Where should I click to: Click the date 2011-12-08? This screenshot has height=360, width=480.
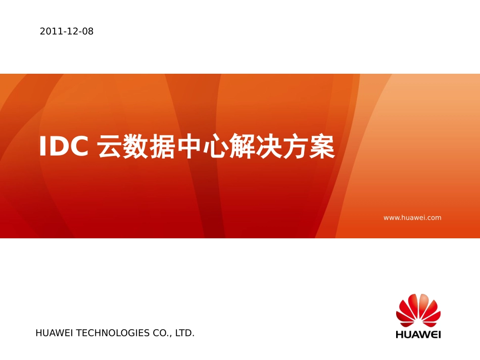click(x=67, y=31)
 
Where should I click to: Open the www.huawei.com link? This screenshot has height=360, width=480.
click(x=412, y=218)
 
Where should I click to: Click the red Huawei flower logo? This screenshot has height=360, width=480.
click(x=418, y=310)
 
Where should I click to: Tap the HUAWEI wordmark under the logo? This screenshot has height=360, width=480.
click(x=418, y=334)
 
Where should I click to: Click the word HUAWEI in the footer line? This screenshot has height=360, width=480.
click(x=54, y=333)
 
